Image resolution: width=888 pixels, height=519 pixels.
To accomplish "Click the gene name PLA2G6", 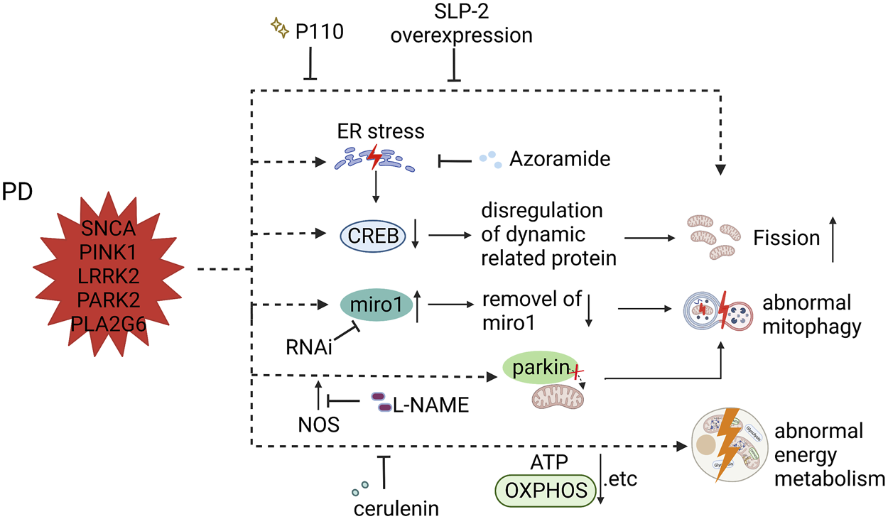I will point(108,325).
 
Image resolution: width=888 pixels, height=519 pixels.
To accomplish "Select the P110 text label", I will point(320,32).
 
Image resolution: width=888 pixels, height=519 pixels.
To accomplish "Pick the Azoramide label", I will point(560,159).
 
